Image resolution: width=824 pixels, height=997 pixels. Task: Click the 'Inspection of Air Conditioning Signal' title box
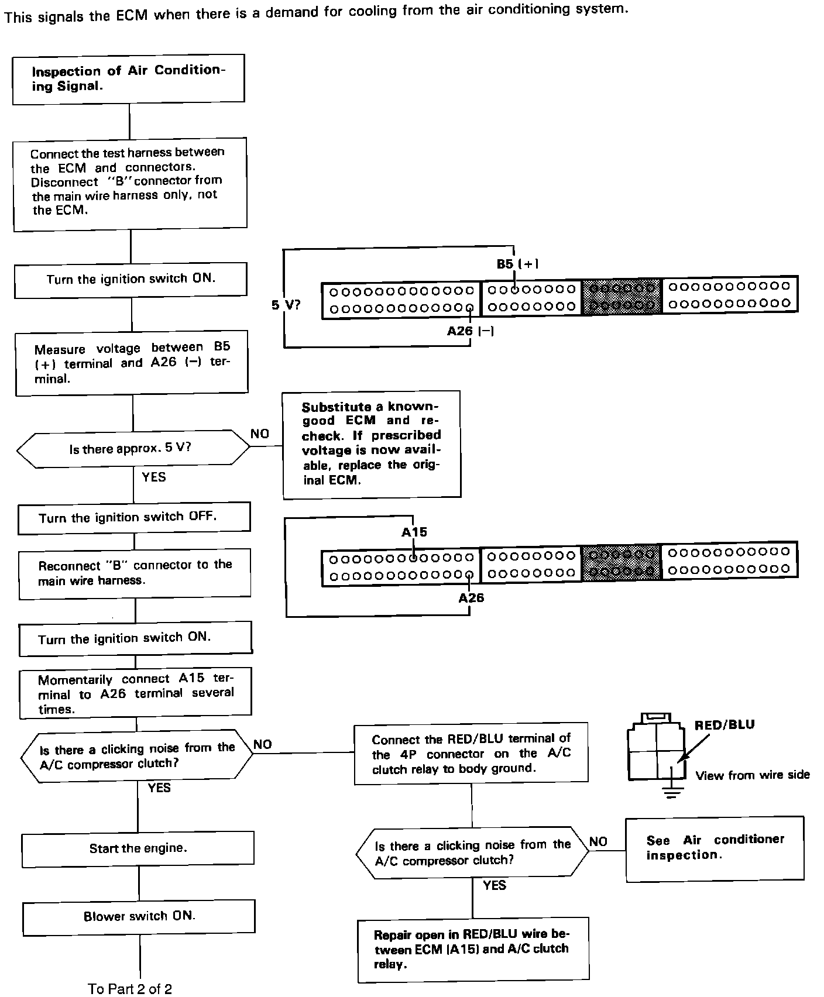point(128,79)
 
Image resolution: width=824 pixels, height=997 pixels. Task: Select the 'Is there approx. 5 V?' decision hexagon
point(133,449)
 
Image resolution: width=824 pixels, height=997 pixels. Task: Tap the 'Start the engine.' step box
point(138,849)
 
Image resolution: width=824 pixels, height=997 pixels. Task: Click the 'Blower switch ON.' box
point(139,916)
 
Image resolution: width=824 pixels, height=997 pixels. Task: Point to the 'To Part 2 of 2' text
point(131,989)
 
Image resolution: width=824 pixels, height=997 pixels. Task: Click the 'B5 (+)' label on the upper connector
point(517,264)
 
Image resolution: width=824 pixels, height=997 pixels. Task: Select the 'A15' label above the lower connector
point(414,532)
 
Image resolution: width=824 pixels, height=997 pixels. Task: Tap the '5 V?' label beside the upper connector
point(286,305)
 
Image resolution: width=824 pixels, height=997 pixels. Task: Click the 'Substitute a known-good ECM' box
point(371,444)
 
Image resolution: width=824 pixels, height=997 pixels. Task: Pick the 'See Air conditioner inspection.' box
point(714,848)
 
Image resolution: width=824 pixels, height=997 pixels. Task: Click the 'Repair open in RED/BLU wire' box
point(473,948)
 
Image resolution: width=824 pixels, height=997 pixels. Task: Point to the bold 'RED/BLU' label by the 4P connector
point(725,725)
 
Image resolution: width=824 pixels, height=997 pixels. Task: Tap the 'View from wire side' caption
point(753,776)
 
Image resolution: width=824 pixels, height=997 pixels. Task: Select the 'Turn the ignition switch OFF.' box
point(134,518)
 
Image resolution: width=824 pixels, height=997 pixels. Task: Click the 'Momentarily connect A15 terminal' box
point(136,694)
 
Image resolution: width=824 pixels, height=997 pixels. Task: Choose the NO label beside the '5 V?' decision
point(260,434)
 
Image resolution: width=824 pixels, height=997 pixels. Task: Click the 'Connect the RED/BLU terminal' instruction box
point(471,754)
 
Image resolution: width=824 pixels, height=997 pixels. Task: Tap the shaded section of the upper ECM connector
point(622,297)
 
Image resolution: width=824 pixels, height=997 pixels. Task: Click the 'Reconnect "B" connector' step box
point(135,573)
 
